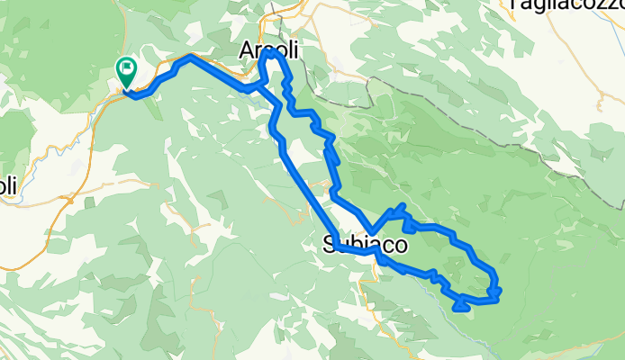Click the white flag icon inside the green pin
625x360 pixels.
[127, 66]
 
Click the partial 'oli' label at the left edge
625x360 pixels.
[7, 187]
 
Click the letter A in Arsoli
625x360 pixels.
[246, 52]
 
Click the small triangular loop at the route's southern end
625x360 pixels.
[460, 305]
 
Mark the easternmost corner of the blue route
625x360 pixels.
[498, 288]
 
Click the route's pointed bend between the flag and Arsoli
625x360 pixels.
[190, 57]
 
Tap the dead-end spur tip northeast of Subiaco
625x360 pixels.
[403, 208]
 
